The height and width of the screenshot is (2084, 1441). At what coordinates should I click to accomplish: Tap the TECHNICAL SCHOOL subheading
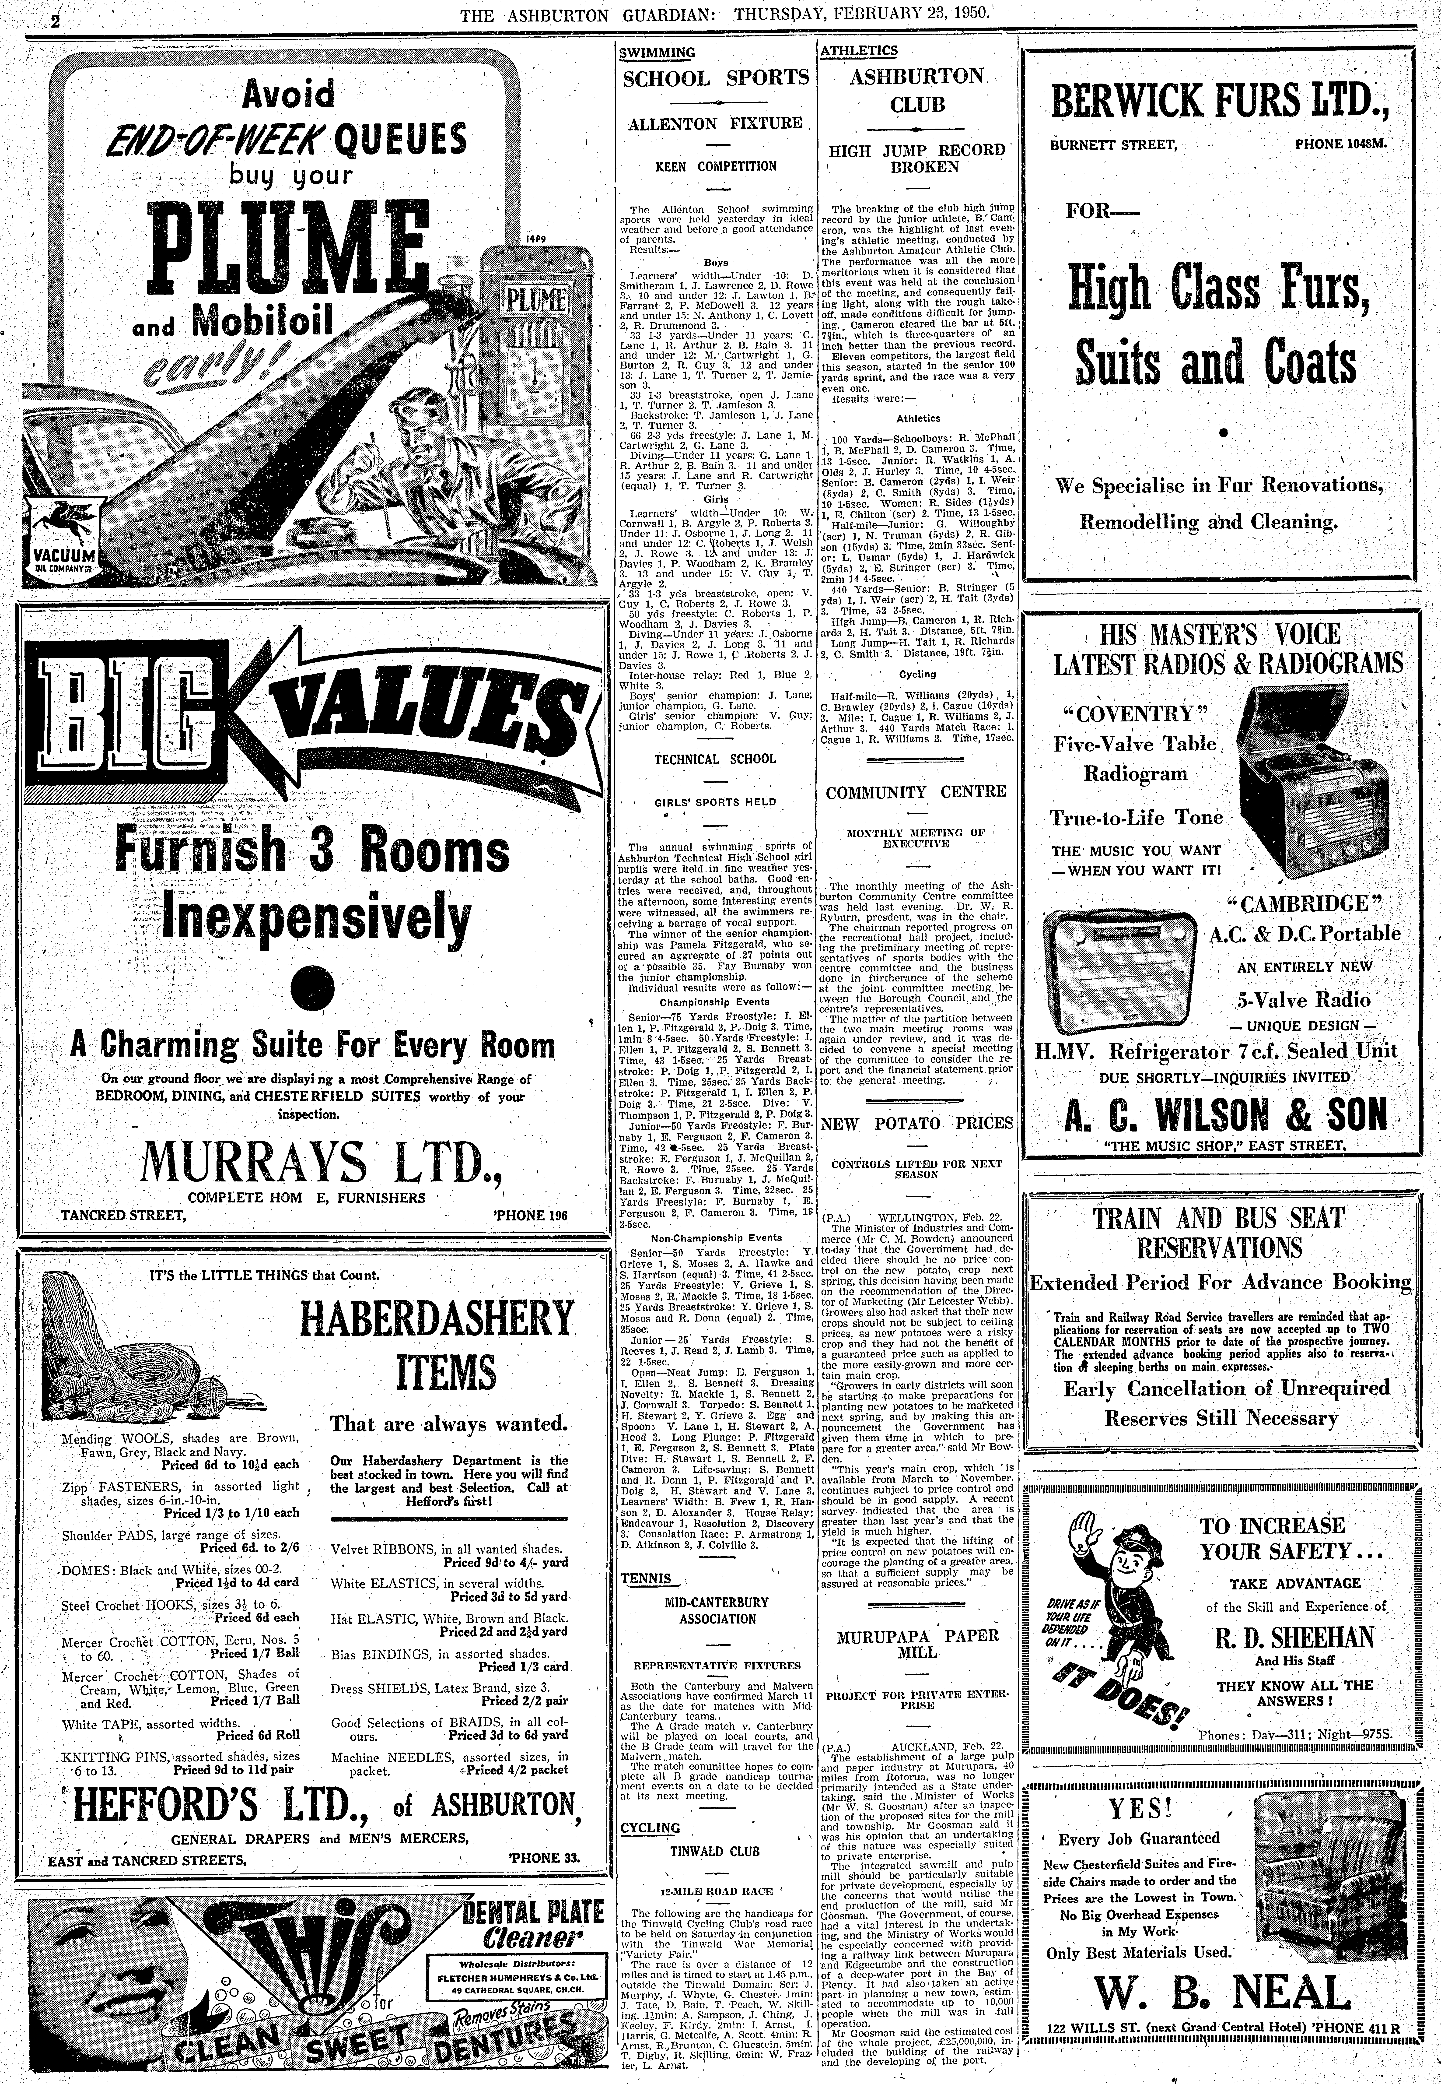pyautogui.click(x=715, y=759)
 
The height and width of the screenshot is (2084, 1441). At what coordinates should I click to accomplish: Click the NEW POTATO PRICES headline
pyautogui.click(x=917, y=1123)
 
